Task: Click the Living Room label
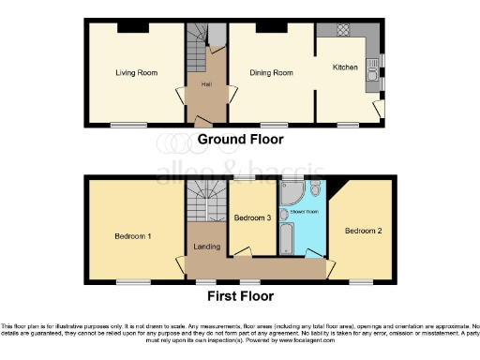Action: (x=136, y=72)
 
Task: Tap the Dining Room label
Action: (x=271, y=72)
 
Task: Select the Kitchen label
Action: (x=346, y=67)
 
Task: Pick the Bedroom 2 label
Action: (x=362, y=231)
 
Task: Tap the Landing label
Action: (x=206, y=247)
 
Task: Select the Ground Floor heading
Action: (x=240, y=139)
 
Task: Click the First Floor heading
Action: (x=240, y=295)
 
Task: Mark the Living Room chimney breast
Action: (x=126, y=26)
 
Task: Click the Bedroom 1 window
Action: (x=127, y=280)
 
